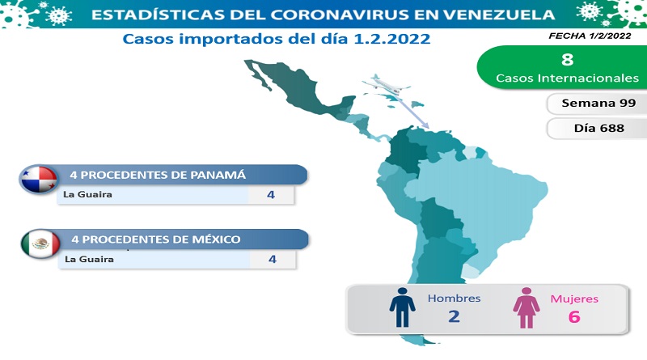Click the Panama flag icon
click(38, 180)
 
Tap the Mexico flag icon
click(40, 244)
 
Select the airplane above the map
click(386, 85)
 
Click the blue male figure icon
click(402, 307)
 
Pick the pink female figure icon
click(526, 308)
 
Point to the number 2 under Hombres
click(454, 316)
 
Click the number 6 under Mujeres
click(574, 316)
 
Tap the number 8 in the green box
click(568, 59)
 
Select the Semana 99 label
click(598, 104)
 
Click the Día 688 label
click(598, 128)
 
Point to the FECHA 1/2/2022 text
click(590, 36)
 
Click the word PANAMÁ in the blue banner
click(218, 175)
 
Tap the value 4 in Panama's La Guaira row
click(271, 194)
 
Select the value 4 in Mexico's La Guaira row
click(273, 259)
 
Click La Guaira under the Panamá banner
click(87, 194)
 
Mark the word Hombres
click(454, 298)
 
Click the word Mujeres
click(574, 299)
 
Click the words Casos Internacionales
click(568, 78)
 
